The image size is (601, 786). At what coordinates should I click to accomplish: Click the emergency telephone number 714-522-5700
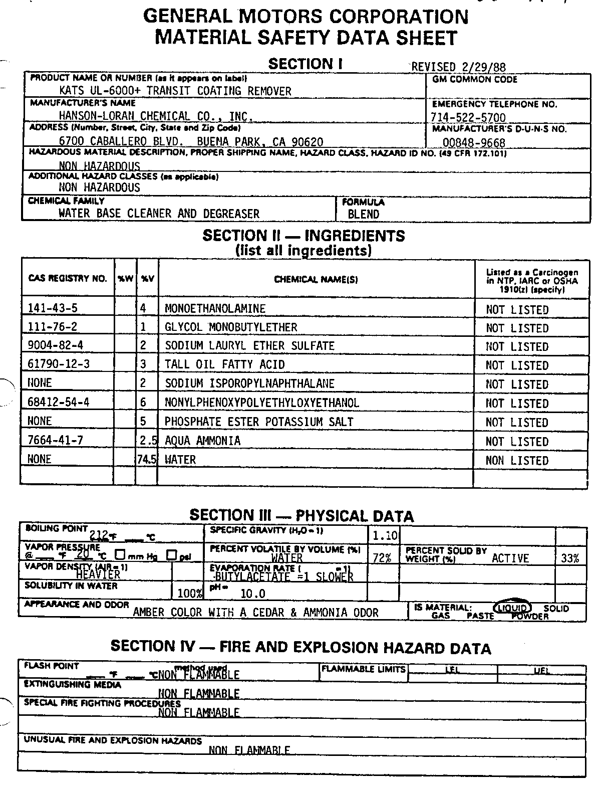pos(468,117)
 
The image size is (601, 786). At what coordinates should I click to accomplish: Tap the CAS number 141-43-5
pos(53,308)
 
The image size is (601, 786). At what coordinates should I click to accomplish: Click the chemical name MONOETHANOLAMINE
pos(215,308)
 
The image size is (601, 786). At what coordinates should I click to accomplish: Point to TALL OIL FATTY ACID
pos(224,364)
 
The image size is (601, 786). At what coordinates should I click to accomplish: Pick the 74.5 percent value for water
pos(146,460)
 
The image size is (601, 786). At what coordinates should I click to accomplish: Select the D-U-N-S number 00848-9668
pos(474,142)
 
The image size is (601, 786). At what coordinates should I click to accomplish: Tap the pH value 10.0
pos(253,594)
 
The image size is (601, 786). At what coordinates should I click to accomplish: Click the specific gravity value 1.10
pos(385,536)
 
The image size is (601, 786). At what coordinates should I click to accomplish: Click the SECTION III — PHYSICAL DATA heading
pos(302,516)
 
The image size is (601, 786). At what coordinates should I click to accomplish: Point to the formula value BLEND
pos(363,214)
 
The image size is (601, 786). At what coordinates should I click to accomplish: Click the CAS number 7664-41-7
pos(55,440)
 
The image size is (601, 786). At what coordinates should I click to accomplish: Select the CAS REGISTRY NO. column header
pos(68,279)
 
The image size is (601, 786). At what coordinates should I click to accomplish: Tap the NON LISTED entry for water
pos(517,461)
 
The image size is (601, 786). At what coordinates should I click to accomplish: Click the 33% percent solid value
pos(570,558)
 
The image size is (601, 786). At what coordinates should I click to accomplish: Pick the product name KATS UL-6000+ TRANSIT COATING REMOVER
pos(175,91)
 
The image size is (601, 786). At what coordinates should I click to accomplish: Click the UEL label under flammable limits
pos(541,670)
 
